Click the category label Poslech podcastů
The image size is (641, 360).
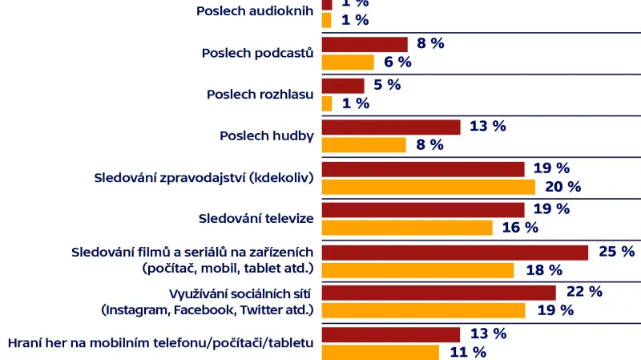coord(257,53)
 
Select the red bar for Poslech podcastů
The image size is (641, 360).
coord(365,44)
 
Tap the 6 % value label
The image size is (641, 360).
coord(397,63)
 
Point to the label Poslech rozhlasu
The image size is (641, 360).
coord(260,94)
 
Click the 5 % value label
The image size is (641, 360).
coord(387,85)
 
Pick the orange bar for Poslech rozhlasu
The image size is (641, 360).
coord(327,103)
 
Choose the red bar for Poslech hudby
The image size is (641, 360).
coord(391,127)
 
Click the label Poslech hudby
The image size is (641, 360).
coord(266,136)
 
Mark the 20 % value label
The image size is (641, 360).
coord(562,187)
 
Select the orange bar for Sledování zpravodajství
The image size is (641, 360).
coord(428,187)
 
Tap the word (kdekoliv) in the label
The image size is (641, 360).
coord(280,176)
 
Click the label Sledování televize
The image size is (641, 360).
coord(256,218)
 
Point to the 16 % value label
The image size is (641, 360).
coord(520,228)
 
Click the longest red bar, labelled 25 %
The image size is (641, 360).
coord(454,252)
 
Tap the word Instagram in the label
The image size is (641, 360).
coord(133,309)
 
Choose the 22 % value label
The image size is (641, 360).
coord(584,292)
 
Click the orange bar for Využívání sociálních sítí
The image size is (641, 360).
coord(423,310)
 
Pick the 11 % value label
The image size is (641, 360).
coord(468,352)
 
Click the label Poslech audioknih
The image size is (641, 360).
coord(254,11)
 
